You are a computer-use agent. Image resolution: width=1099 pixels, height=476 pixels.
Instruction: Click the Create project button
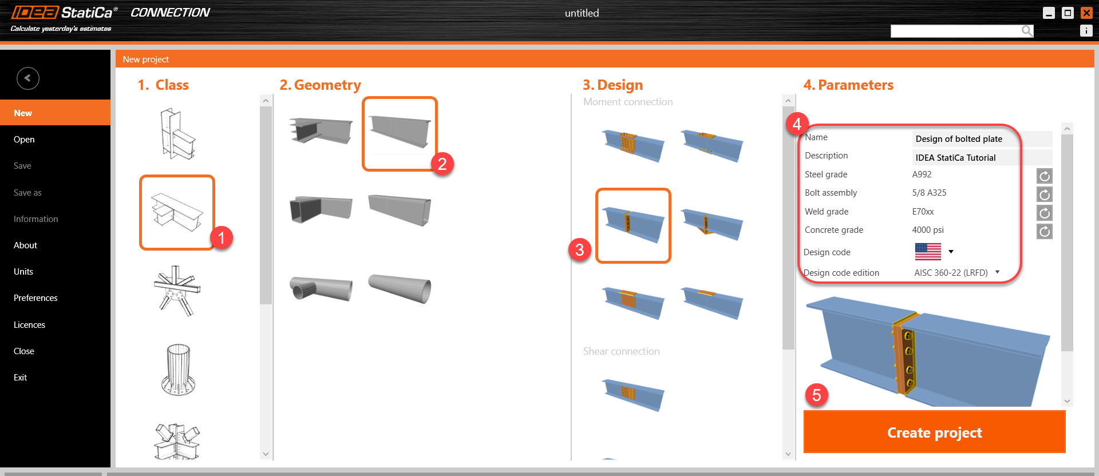[934, 433]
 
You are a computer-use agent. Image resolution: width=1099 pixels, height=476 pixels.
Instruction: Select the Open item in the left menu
[24, 140]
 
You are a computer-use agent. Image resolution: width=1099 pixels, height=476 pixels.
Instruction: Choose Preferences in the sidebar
[35, 298]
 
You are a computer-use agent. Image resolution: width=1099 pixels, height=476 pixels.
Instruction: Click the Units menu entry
[23, 272]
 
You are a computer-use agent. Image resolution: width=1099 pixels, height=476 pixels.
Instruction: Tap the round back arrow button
[28, 78]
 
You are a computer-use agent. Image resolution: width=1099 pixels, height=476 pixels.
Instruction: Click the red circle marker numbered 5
[817, 395]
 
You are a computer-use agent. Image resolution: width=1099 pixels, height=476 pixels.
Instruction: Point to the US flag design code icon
[928, 252]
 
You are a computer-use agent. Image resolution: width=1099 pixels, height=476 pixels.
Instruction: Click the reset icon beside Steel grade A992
[1045, 176]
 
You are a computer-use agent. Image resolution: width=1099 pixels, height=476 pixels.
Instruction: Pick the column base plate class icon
[178, 370]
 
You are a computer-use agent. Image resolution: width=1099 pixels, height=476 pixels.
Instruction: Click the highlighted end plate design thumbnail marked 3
[633, 225]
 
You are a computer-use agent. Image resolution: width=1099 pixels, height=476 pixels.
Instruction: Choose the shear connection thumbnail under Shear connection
[633, 394]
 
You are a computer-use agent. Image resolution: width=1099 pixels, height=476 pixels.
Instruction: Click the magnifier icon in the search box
[1027, 31]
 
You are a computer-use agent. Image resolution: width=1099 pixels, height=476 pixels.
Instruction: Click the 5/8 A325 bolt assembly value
[929, 193]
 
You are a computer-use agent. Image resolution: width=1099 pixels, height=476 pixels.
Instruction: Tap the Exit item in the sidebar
[21, 378]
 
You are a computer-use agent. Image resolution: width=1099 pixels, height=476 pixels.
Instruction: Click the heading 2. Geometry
[320, 85]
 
